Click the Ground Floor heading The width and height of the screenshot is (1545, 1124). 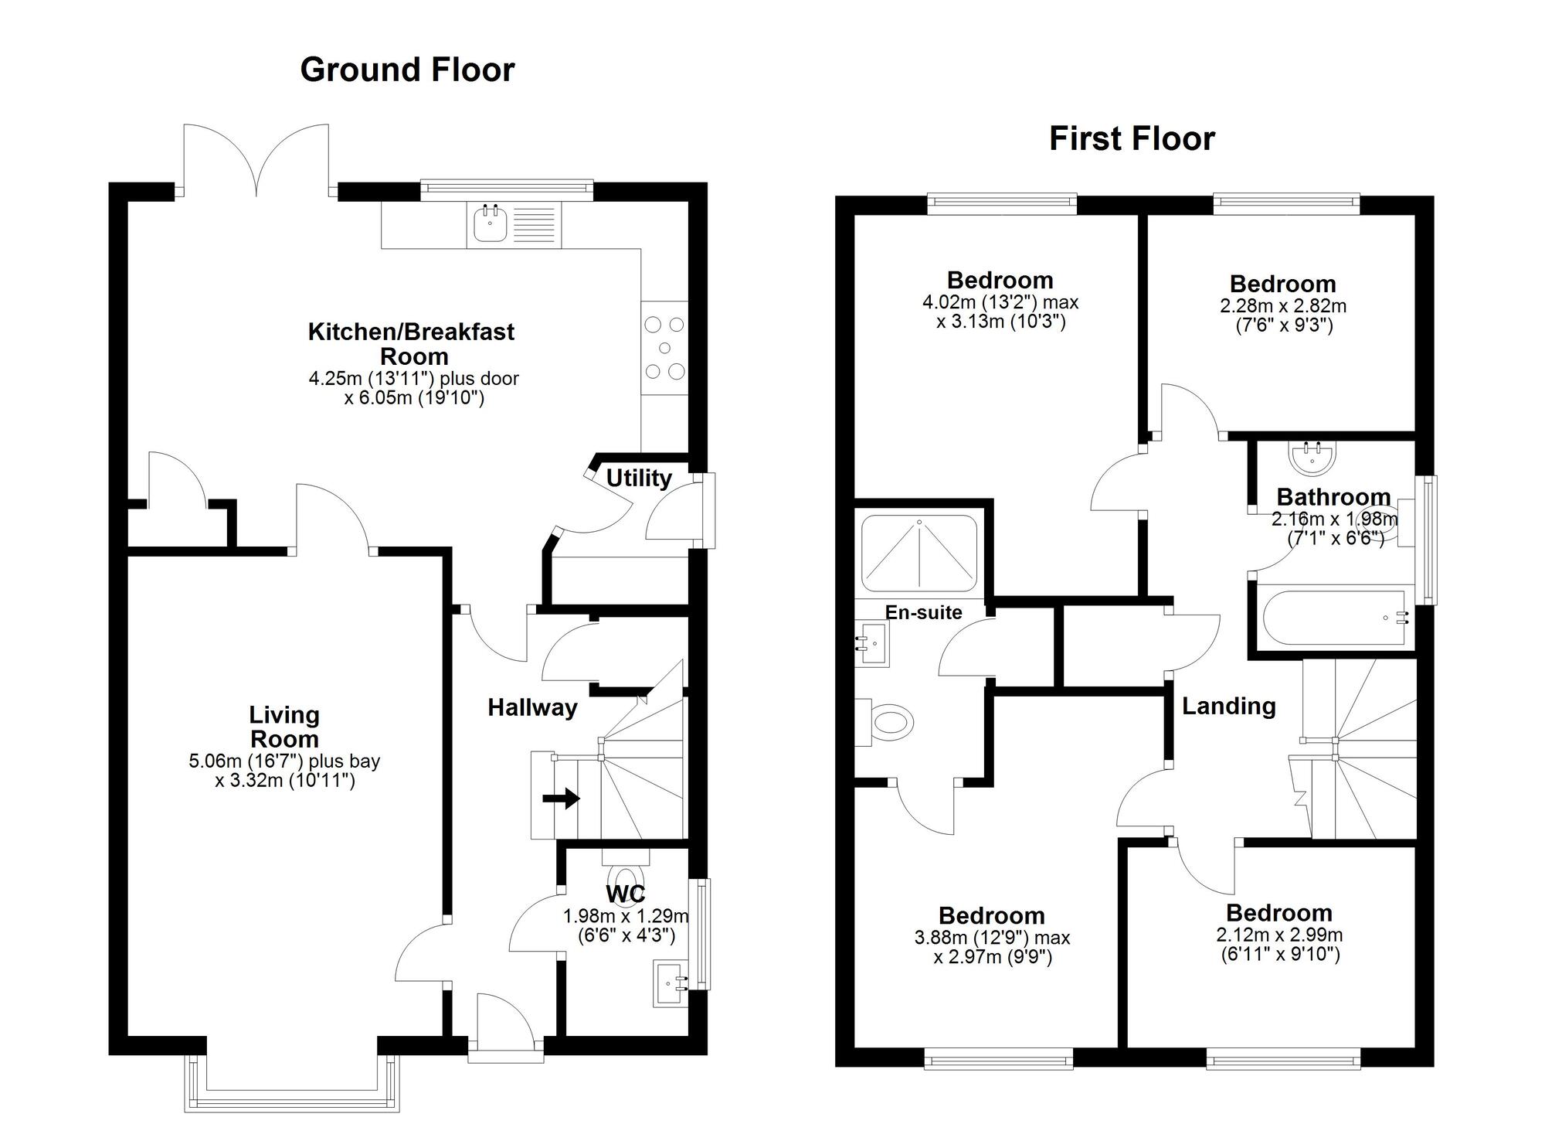[x=407, y=70]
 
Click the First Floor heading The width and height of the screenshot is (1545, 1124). [x=1132, y=139]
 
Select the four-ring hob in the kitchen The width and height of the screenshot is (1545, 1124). [x=664, y=348]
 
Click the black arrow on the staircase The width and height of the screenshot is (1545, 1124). [x=562, y=798]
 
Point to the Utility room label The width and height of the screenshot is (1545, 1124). [x=638, y=479]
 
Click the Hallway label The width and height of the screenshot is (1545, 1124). [x=532, y=707]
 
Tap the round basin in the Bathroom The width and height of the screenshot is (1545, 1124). [x=1312, y=458]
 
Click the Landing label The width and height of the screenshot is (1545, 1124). [x=1228, y=706]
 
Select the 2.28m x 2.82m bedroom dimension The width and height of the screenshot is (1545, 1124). [x=1283, y=315]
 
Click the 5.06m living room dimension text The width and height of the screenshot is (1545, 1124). [x=284, y=771]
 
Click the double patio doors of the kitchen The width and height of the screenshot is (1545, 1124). [x=256, y=158]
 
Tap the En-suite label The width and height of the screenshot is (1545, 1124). [x=923, y=612]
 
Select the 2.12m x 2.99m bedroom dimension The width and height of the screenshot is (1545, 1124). [x=1279, y=945]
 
